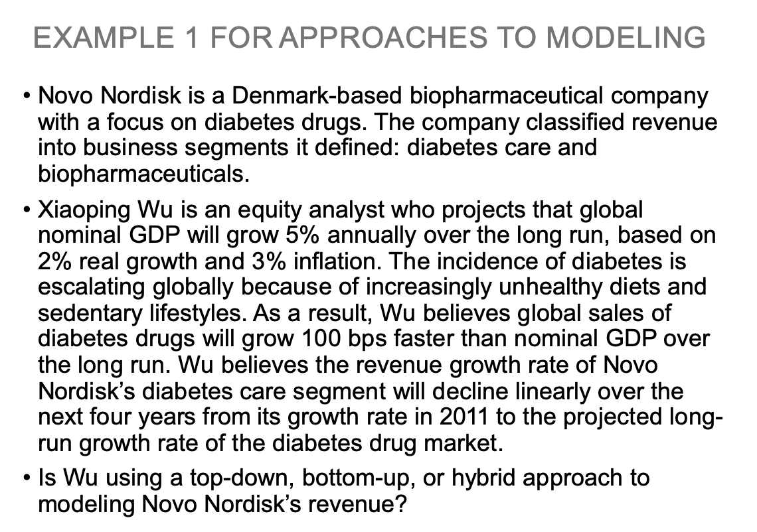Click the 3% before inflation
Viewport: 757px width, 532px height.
(266, 260)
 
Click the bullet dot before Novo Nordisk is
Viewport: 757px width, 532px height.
(27, 98)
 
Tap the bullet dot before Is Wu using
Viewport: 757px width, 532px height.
(27, 478)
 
